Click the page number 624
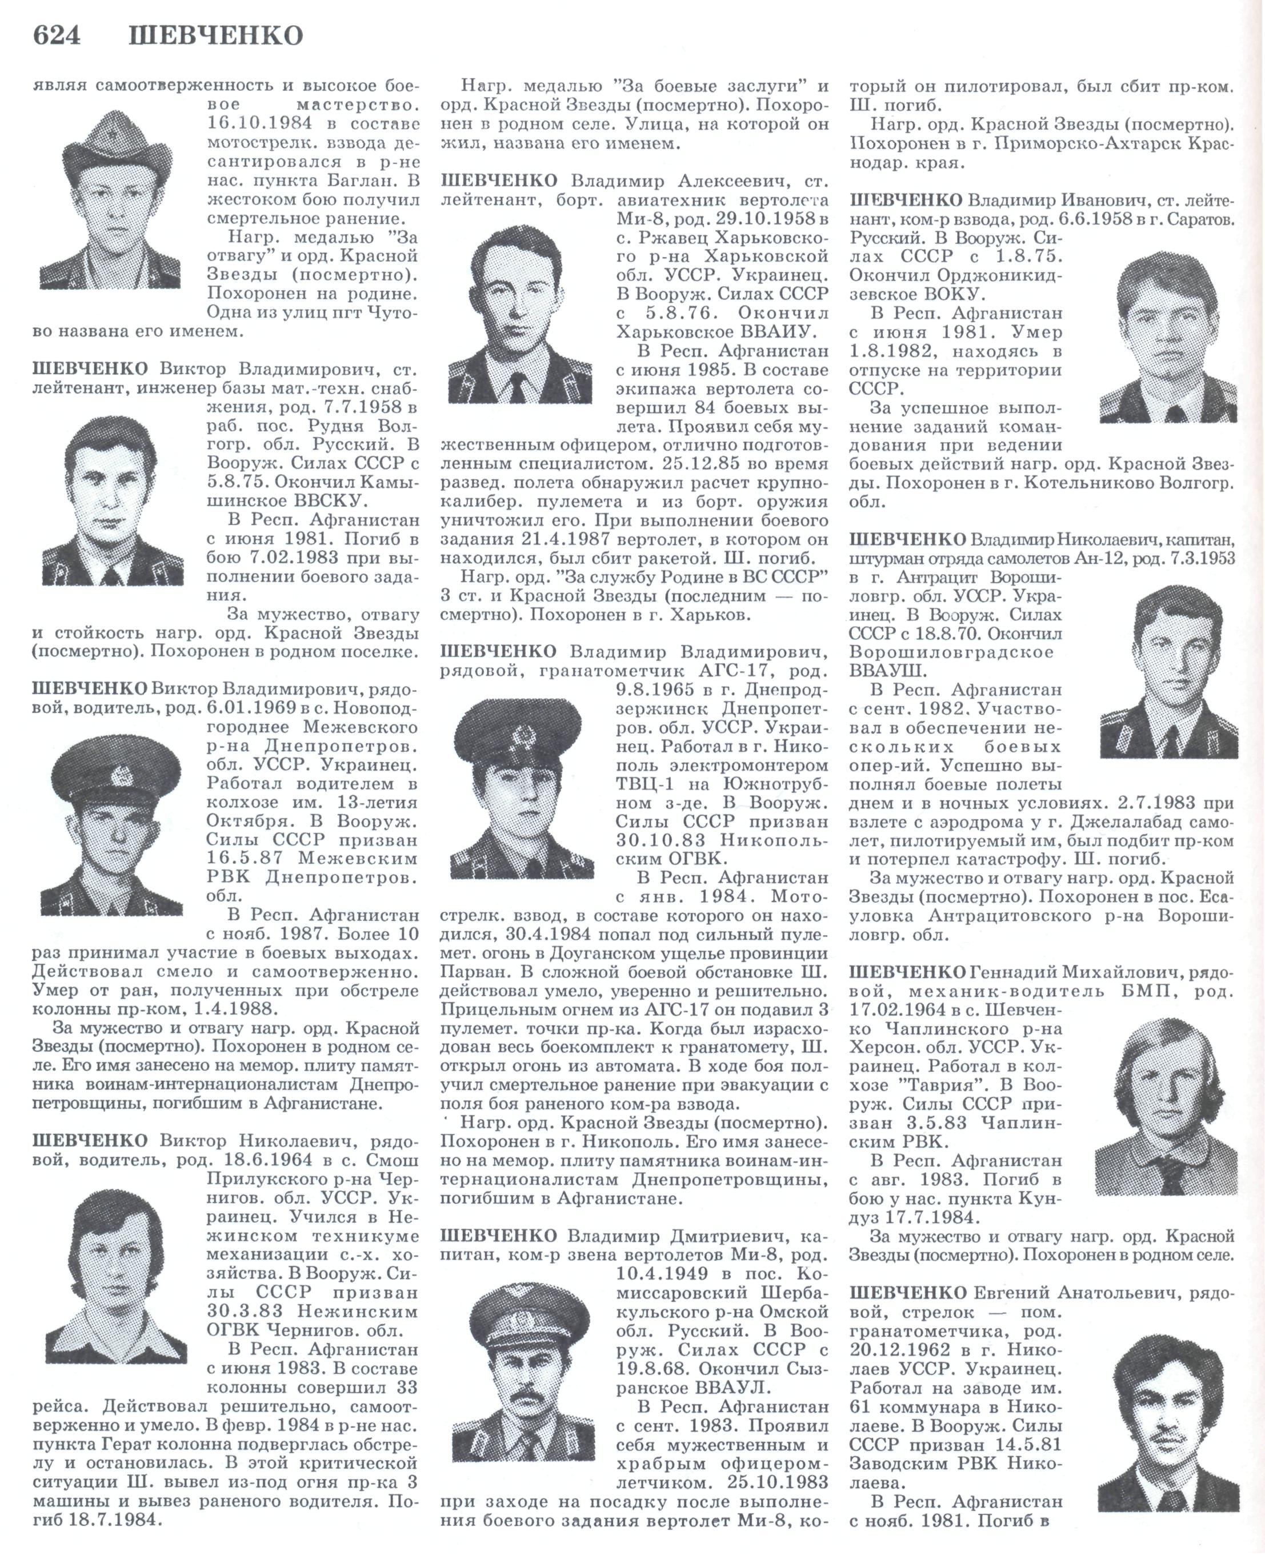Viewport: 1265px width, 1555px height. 57,35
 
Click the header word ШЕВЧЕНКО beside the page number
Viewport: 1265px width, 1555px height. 216,35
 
